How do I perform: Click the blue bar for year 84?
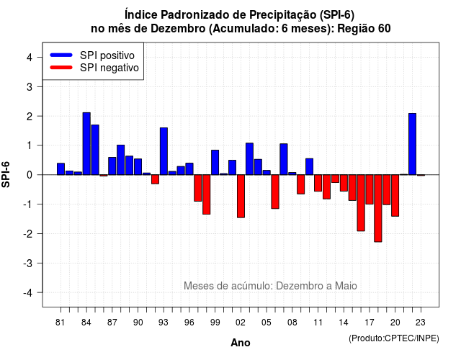coord(86,144)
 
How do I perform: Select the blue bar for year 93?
coord(164,151)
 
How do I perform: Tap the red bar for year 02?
coord(241,196)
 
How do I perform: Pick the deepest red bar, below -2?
coord(378,208)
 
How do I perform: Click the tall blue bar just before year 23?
coord(413,144)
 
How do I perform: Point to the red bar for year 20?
coord(395,195)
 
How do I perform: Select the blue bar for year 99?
coord(215,163)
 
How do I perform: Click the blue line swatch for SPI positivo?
coord(61,55)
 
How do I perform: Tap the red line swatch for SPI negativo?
coord(61,68)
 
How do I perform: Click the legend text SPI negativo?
coord(109,68)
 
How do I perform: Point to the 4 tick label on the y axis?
coord(30,58)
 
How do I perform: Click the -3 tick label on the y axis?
coord(27,263)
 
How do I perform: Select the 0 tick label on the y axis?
coord(30,175)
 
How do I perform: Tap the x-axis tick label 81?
coord(61,323)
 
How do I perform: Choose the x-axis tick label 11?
coord(318,323)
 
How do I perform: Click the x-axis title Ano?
coord(241,343)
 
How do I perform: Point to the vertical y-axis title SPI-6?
coord(6,174)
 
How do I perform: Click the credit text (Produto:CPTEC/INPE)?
coord(394,338)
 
